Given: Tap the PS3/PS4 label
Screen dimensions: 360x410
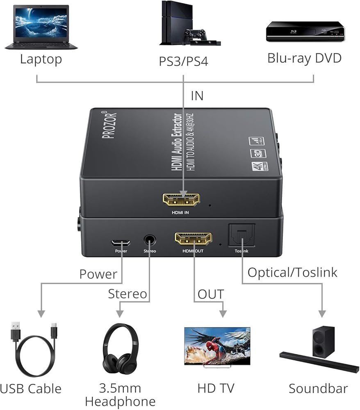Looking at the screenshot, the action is [183, 61].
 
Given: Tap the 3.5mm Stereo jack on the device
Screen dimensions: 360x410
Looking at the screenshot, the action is [150, 239].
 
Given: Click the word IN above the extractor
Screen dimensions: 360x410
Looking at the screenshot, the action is [197, 96].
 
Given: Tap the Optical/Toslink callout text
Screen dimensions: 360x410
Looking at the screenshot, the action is [292, 272].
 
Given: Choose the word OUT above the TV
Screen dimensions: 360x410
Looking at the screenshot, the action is [211, 294].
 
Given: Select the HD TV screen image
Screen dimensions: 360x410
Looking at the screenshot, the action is [217, 345].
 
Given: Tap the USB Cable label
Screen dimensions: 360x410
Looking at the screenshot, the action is [31, 389].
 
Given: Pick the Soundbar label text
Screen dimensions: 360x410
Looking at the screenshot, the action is [318, 389].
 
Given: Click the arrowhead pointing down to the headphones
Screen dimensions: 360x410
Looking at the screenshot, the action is [119, 314].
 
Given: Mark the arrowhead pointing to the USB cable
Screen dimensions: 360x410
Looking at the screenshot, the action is [41, 314].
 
